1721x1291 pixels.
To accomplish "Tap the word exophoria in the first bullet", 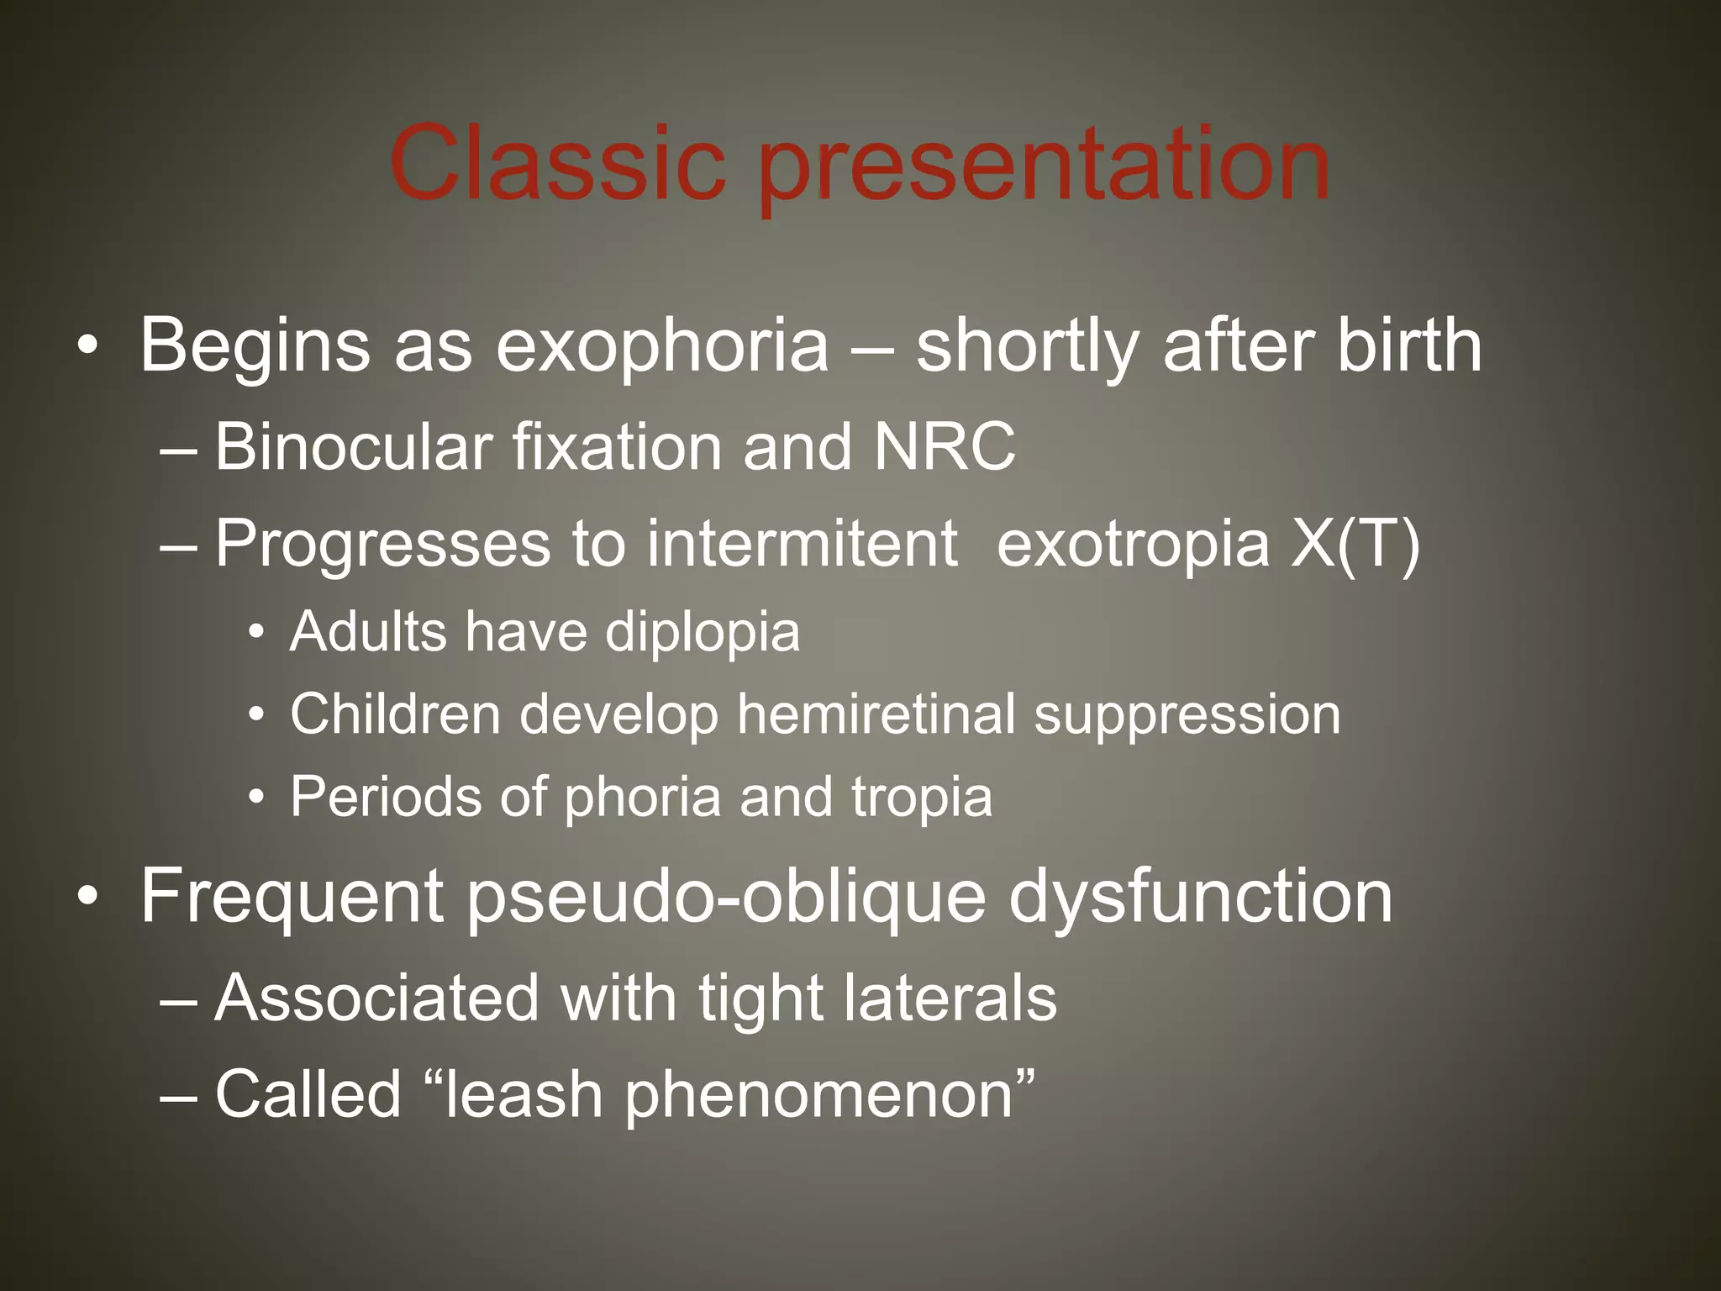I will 662,346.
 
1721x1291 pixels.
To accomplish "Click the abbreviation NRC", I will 945,446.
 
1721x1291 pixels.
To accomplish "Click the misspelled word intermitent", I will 802,543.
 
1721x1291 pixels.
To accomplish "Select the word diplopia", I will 703,633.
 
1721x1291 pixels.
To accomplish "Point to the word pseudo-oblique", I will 726,898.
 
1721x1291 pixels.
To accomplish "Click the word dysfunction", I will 1200,898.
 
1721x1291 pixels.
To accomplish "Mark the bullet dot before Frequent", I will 87,898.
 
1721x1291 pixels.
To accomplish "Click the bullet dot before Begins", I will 87,345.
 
